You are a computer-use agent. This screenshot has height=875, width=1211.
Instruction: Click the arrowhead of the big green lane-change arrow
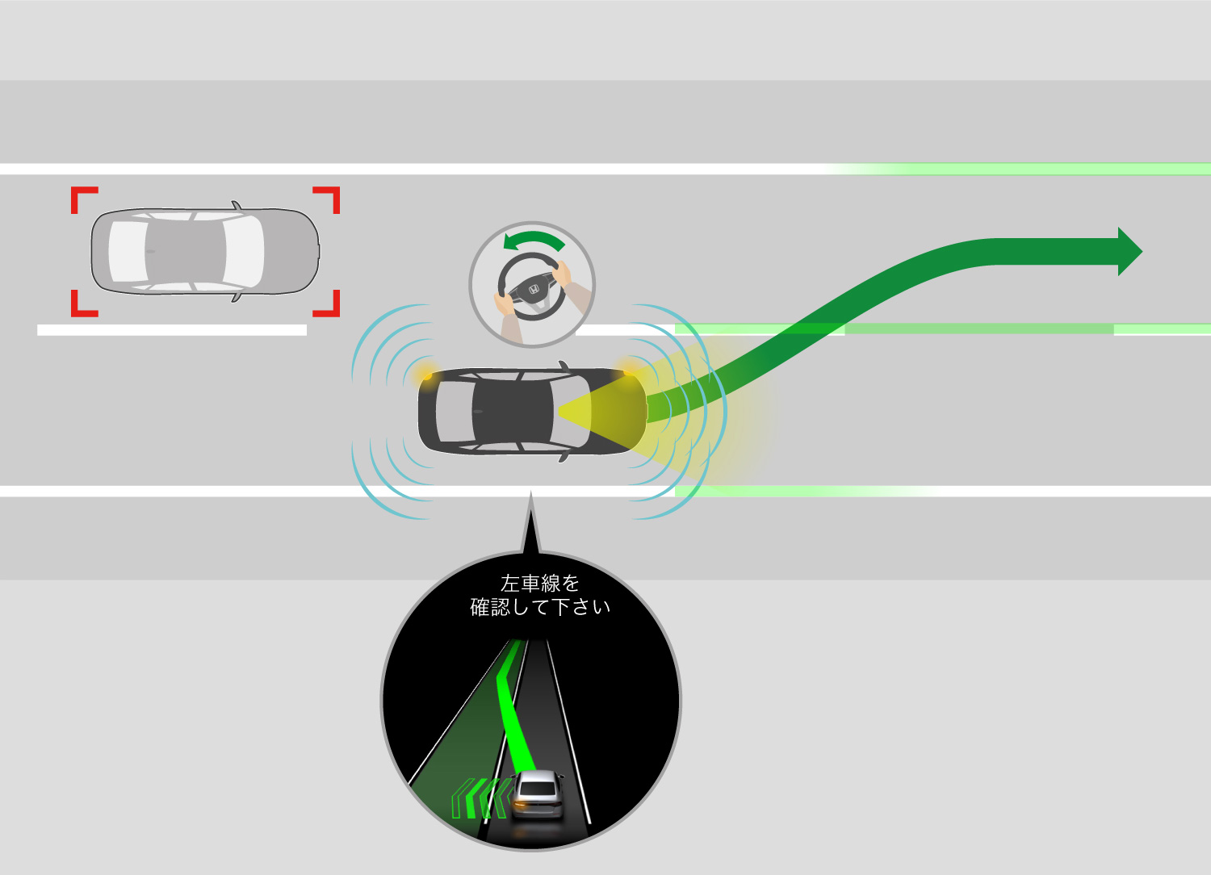coord(1129,251)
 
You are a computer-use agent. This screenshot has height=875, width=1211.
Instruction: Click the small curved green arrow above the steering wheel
coord(531,241)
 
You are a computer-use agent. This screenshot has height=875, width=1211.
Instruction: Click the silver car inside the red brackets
coord(205,251)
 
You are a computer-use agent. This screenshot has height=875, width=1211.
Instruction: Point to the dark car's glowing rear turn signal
coord(425,375)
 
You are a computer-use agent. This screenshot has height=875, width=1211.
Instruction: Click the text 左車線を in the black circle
coord(539,583)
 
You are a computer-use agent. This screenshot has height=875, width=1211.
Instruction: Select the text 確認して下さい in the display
coord(539,607)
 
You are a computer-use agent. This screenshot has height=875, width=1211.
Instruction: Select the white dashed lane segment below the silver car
coord(172,329)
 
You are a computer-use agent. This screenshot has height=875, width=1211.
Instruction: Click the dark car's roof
coord(513,411)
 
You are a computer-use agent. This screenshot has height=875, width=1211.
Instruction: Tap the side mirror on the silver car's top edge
coord(237,206)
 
